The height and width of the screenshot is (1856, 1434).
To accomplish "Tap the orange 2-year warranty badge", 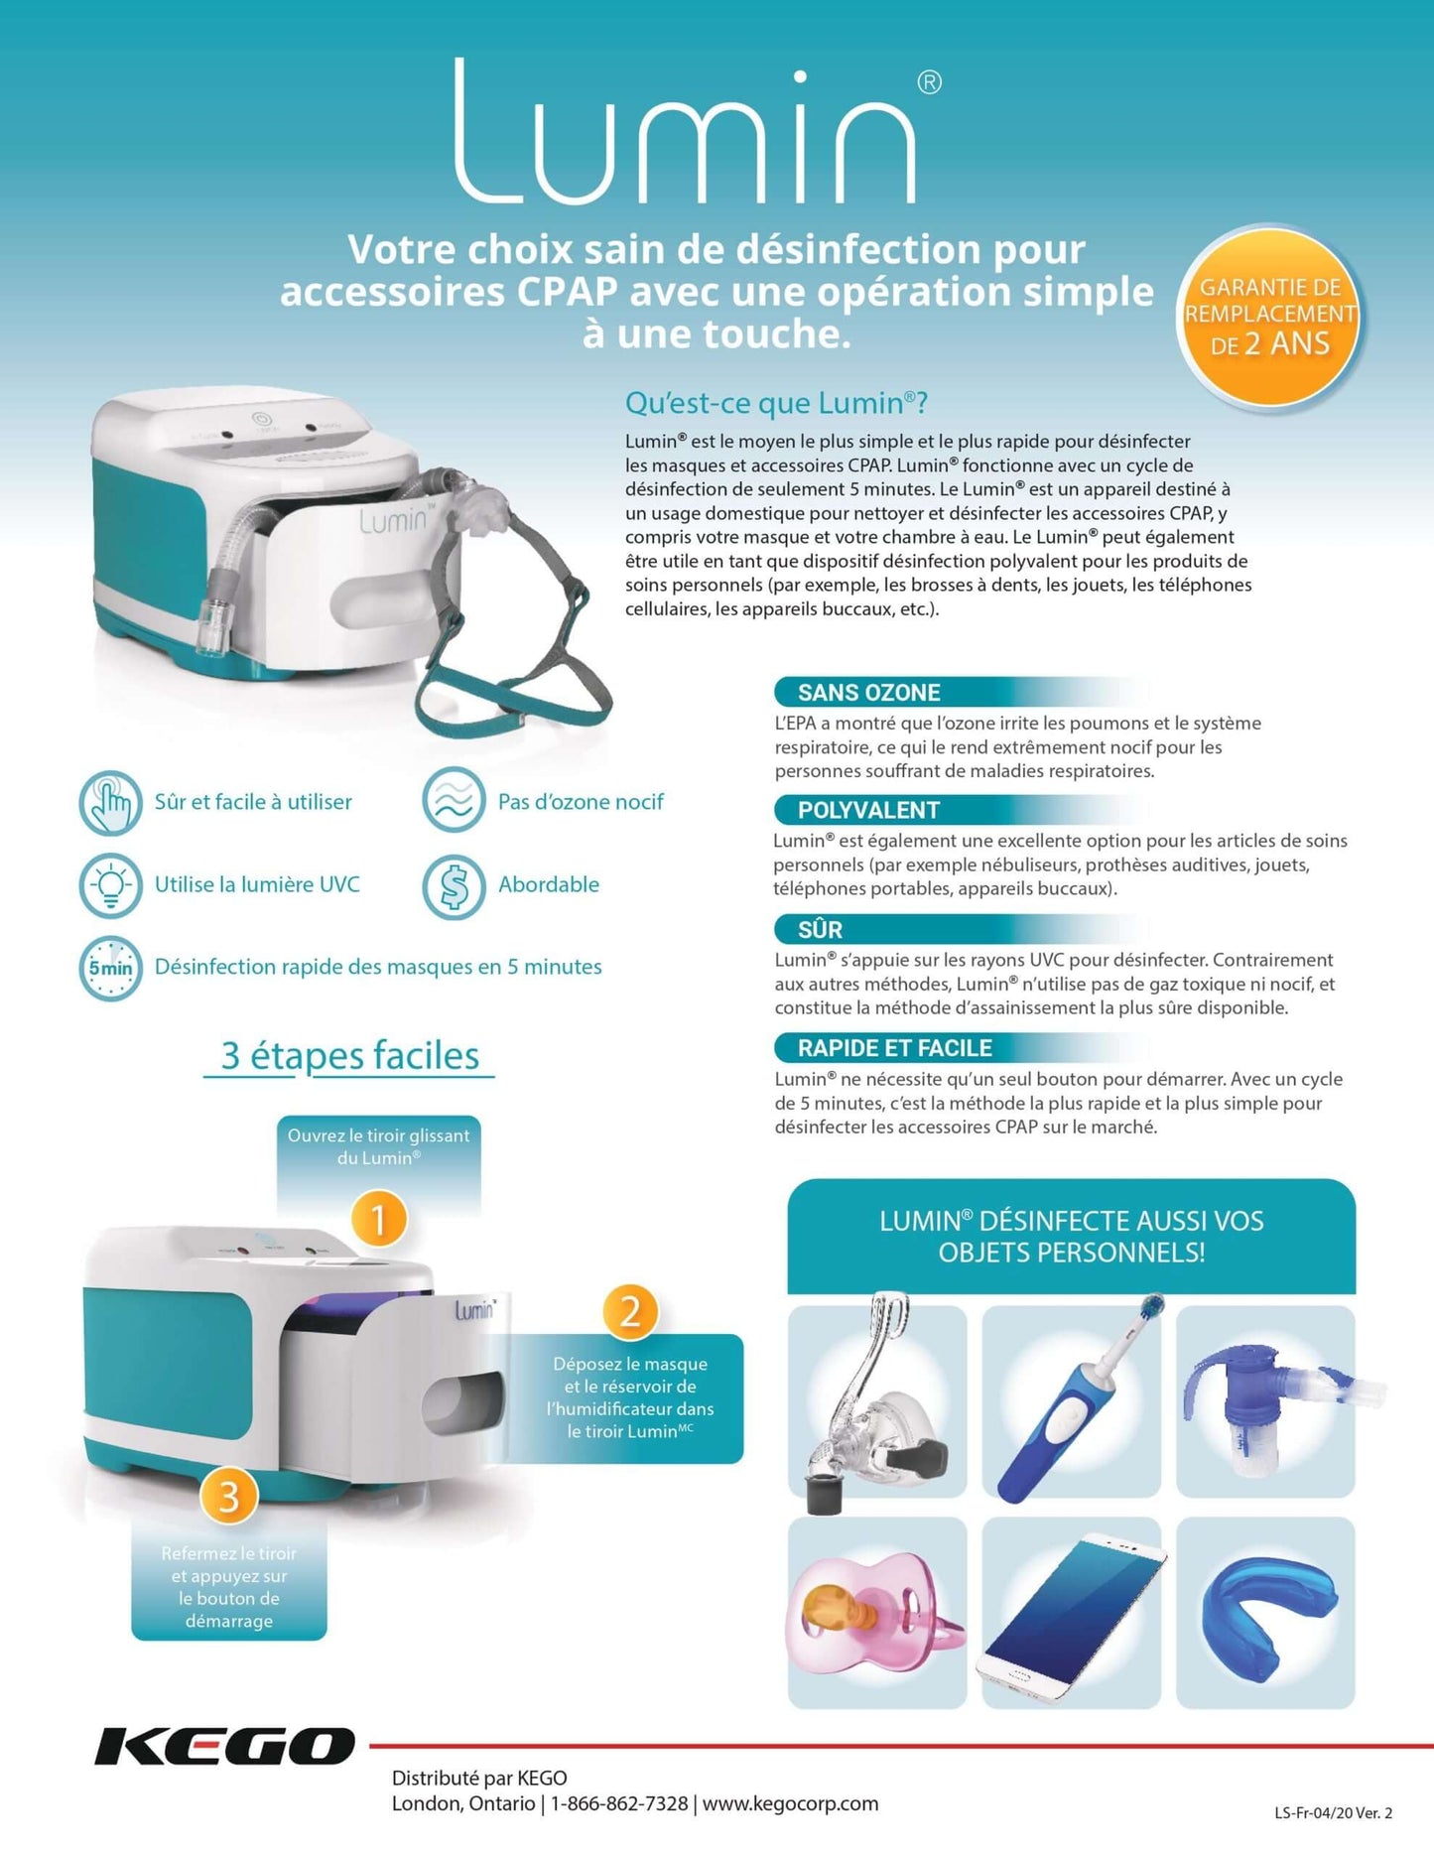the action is click(x=1269, y=316).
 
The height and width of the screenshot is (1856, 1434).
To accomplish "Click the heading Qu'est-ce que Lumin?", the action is click(x=776, y=403).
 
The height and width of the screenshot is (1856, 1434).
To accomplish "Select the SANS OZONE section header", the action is click(x=868, y=692).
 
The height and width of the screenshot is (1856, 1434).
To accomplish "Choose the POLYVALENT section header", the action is click(x=868, y=810).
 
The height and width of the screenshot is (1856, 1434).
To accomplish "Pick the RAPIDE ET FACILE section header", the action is click(x=894, y=1047).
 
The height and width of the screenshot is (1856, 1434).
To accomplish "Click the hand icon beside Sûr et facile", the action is click(x=110, y=802).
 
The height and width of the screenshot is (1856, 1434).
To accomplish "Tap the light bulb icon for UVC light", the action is click(x=110, y=884).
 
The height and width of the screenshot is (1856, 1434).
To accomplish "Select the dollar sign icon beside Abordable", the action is click(x=454, y=886).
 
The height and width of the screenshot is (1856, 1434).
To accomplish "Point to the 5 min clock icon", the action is click(x=110, y=968).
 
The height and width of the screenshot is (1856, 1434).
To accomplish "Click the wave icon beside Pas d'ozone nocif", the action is click(x=454, y=800).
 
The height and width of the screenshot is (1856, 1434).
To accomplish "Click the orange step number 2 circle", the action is click(x=630, y=1312).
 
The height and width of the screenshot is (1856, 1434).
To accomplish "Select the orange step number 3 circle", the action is click(x=229, y=1497).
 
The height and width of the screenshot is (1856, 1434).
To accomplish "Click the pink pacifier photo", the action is click(x=877, y=1612).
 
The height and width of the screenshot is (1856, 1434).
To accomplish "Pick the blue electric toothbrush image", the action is click(x=1072, y=1400).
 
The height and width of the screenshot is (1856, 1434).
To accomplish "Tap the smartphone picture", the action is click(x=1072, y=1614).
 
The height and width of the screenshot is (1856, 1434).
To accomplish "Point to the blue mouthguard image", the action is click(x=1265, y=1612).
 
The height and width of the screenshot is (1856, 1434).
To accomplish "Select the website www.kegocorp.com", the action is click(x=790, y=1803).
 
